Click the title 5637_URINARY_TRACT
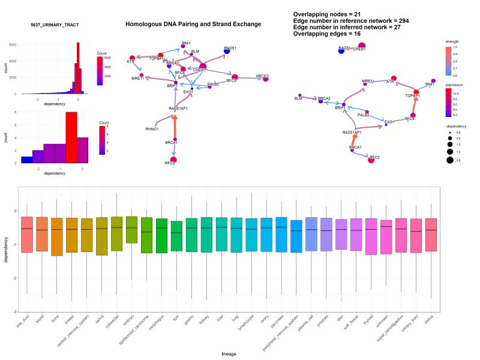55,25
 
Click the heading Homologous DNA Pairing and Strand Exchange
193,24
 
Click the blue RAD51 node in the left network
227,52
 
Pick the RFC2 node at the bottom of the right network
371,159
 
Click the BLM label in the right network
298,98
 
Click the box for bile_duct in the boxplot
26,234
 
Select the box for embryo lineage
131,229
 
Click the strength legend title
452,41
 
